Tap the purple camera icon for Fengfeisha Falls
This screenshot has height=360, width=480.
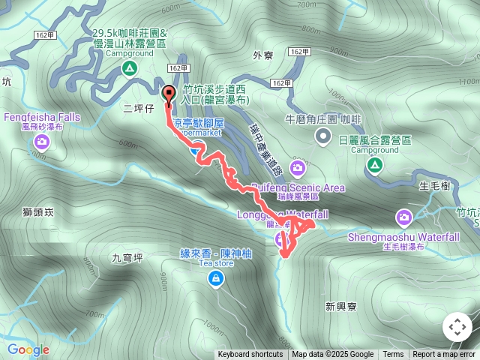tap(41, 140)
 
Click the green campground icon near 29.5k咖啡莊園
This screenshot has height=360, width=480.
tap(129, 69)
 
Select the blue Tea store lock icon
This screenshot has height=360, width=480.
tap(216, 279)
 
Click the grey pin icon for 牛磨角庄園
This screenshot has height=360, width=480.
tap(322, 136)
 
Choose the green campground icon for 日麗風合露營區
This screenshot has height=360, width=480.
tap(374, 165)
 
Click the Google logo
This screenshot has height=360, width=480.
tap(28, 349)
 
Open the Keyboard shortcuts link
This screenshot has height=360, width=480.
tap(250, 355)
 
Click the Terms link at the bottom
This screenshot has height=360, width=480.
tap(393, 355)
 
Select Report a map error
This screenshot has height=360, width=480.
tap(444, 355)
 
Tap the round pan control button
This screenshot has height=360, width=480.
tap(457, 327)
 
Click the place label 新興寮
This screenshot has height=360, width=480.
tap(341, 305)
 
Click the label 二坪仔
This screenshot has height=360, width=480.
tap(138, 109)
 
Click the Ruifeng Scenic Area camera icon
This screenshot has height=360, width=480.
tap(298, 166)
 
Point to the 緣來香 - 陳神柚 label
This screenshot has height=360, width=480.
tap(216, 254)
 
